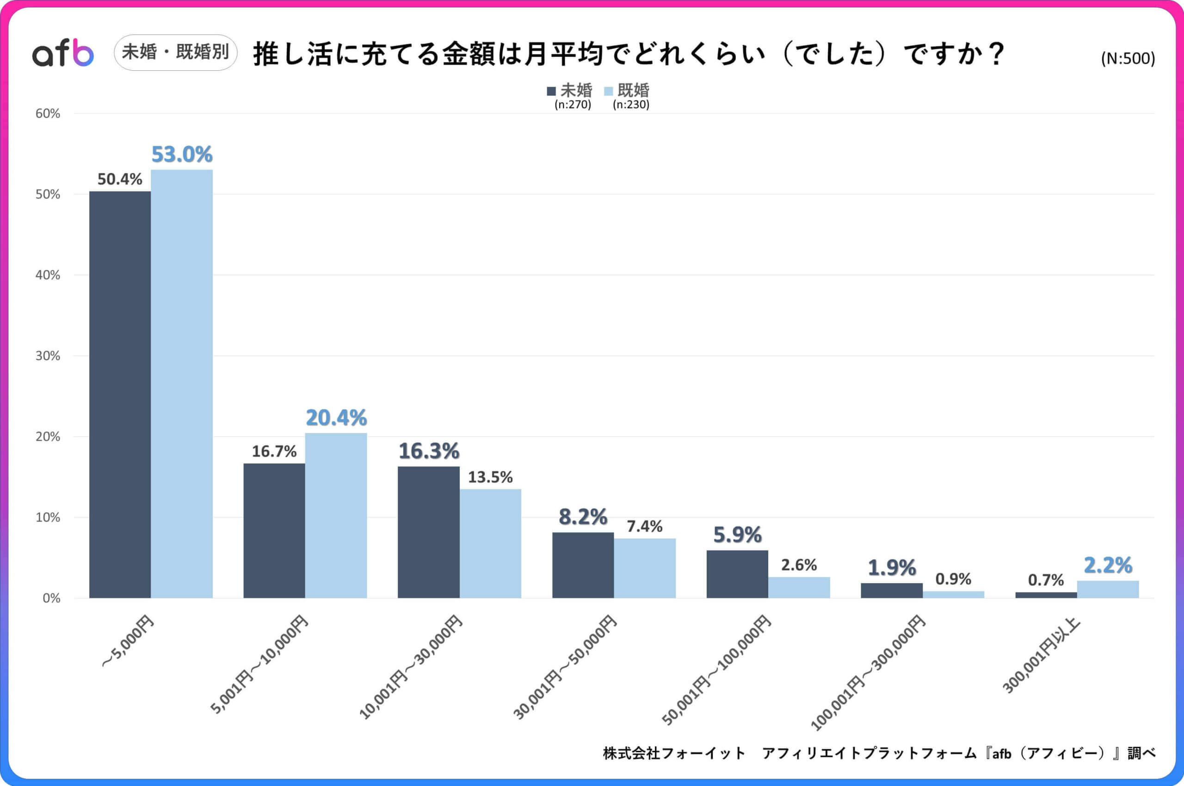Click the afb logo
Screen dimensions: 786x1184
click(x=63, y=53)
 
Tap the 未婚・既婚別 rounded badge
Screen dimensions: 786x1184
click(x=175, y=52)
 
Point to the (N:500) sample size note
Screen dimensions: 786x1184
click(x=1127, y=59)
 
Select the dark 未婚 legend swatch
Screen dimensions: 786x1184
click(x=551, y=91)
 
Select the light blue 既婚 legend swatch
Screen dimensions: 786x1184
click(x=608, y=91)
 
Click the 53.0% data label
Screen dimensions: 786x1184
click(x=182, y=154)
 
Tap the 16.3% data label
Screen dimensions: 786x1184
click(x=428, y=451)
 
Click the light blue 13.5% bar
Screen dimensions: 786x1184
click(x=490, y=543)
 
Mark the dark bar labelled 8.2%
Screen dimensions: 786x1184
click(x=583, y=565)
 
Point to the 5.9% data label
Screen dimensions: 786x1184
click(x=737, y=535)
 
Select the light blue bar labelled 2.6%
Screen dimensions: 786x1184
click(x=799, y=587)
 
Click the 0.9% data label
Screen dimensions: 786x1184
click(x=953, y=579)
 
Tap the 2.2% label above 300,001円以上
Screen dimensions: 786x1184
click(x=1108, y=566)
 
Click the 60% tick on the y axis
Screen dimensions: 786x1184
click(x=48, y=113)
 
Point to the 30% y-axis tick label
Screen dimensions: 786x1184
click(x=48, y=356)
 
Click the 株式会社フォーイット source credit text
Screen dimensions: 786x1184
click(x=674, y=753)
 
